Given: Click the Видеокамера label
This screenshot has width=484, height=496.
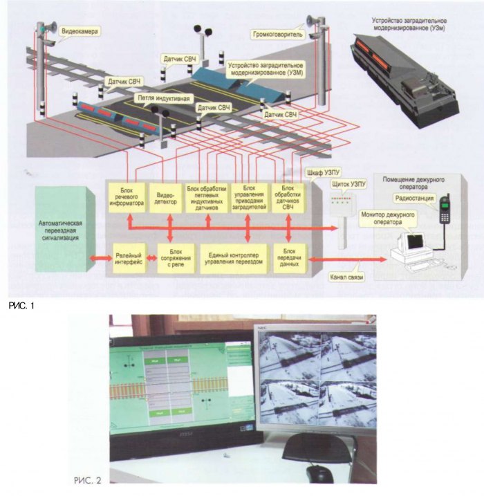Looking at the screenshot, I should (80, 32).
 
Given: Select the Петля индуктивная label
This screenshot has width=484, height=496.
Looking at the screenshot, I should (162, 98).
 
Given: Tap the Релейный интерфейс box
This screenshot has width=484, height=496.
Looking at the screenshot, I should (129, 258).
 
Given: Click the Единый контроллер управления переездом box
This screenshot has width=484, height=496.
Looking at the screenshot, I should (236, 258).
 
